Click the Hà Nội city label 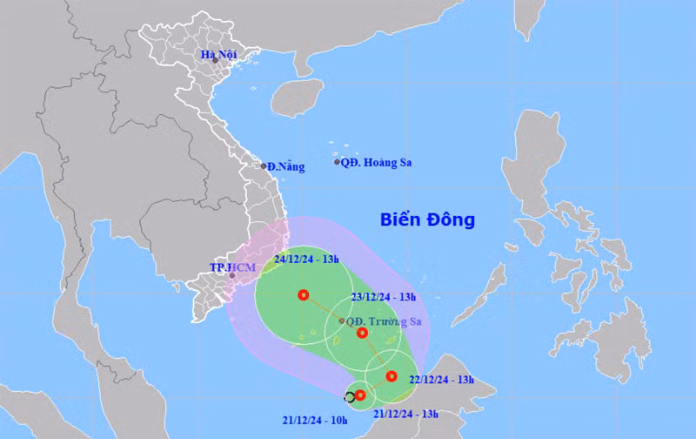pyautogui.click(x=219, y=55)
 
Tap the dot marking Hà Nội pyautogui.click(x=215, y=60)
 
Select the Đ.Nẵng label pyautogui.click(x=286, y=166)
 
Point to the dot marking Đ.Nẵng pyautogui.click(x=264, y=165)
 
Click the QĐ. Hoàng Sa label pyautogui.click(x=376, y=162)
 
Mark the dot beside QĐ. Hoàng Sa pyautogui.click(x=338, y=162)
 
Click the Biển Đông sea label pyautogui.click(x=427, y=219)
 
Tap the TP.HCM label pyautogui.click(x=228, y=267)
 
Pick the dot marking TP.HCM pyautogui.click(x=232, y=276)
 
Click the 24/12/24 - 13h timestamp pyautogui.click(x=307, y=259)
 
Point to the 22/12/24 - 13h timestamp pyautogui.click(x=443, y=379)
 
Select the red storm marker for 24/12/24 pyautogui.click(x=303, y=295)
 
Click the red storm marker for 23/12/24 pyautogui.click(x=362, y=333)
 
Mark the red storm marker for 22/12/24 pyautogui.click(x=391, y=376)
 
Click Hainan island pyautogui.click(x=297, y=98)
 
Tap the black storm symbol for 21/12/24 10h pyautogui.click(x=350, y=397)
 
